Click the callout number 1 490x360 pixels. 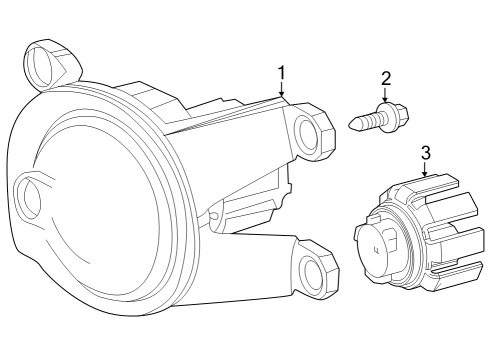pyautogui.click(x=282, y=72)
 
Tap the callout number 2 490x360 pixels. pyautogui.click(x=385, y=78)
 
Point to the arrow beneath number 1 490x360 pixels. pyautogui.click(x=282, y=93)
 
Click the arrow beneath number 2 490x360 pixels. pyautogui.click(x=385, y=98)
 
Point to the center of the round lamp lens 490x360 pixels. pyautogui.click(x=95, y=215)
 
